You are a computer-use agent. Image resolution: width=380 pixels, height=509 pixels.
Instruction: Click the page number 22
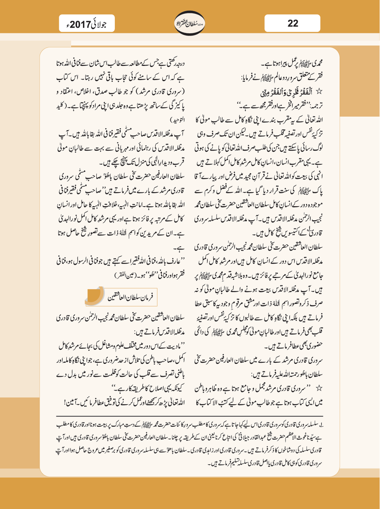pos(293,24)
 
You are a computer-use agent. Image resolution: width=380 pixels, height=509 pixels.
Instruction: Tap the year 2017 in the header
pos(81,25)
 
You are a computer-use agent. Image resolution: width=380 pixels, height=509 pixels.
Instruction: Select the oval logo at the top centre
pos(190,23)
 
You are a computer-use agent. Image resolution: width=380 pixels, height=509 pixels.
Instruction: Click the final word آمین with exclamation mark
pos(71,402)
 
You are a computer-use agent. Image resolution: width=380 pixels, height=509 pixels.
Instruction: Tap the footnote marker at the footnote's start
pos(321,425)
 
